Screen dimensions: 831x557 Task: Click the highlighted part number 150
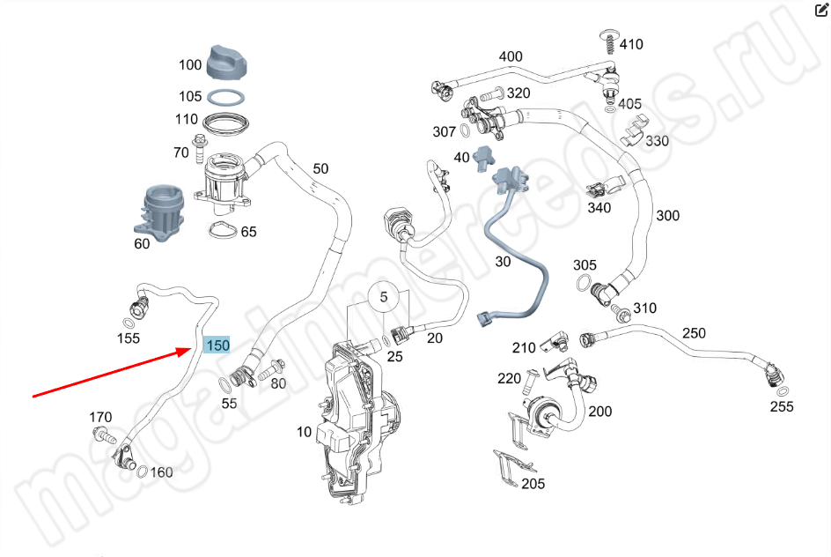[x=217, y=345]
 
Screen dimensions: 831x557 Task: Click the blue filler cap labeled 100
[x=226, y=63]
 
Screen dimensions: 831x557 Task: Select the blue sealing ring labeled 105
[x=225, y=98]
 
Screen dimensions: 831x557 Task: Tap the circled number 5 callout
[x=383, y=297]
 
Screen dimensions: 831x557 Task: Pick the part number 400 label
[x=511, y=56]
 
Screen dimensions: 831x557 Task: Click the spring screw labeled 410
[x=608, y=41]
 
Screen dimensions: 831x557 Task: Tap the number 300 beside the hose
[x=667, y=215]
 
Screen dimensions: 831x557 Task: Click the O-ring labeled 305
[x=584, y=283]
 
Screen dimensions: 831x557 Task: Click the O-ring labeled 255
[x=782, y=391]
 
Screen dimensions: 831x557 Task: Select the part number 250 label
[x=694, y=333]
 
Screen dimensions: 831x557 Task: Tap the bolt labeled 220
[x=531, y=382]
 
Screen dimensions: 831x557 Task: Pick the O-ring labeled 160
[x=142, y=471]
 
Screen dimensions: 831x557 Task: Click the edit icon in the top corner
[x=821, y=10]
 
